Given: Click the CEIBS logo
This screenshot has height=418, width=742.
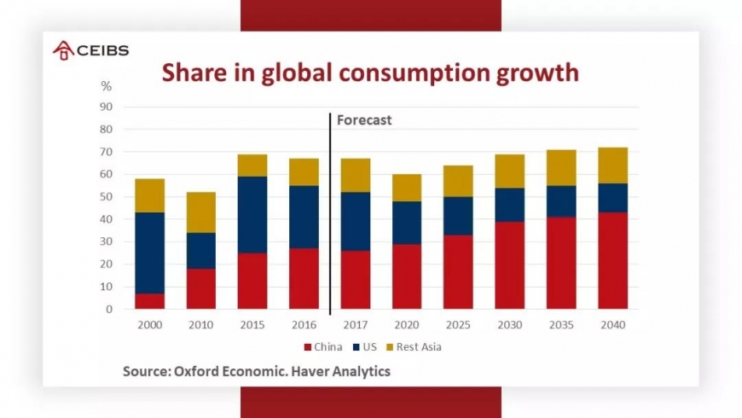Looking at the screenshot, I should (x=90, y=49).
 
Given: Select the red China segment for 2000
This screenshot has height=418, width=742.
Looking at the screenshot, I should (x=149, y=301).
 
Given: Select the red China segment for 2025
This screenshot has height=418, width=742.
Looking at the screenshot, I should (x=458, y=272).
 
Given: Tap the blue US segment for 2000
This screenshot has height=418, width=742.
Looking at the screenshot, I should (x=149, y=253).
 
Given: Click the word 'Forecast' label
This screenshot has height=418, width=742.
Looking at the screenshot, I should (x=364, y=120).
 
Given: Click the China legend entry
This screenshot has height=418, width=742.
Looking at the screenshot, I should (x=323, y=347).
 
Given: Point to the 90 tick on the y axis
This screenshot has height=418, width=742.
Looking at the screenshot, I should (x=107, y=107).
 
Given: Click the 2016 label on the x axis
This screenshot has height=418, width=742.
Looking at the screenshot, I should (x=304, y=325).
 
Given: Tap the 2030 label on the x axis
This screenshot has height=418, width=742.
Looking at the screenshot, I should (x=509, y=325).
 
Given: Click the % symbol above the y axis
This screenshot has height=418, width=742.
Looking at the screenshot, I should (x=107, y=86).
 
